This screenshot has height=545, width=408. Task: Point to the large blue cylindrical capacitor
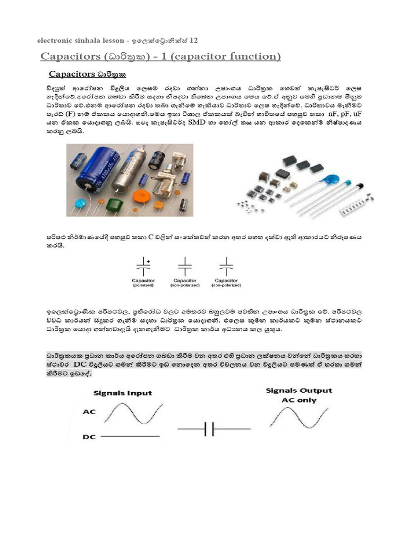coord(98,170)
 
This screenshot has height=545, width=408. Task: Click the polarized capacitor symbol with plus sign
coord(143,265)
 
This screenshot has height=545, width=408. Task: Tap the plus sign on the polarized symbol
coord(148,261)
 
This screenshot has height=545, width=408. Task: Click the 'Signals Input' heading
coord(123,393)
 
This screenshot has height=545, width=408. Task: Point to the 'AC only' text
coord(299,400)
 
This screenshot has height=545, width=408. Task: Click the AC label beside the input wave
coord(89,412)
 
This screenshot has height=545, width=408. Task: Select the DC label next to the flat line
coord(89,437)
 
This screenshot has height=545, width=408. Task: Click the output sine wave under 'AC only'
coord(299,417)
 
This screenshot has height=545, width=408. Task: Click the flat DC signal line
coord(130,436)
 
